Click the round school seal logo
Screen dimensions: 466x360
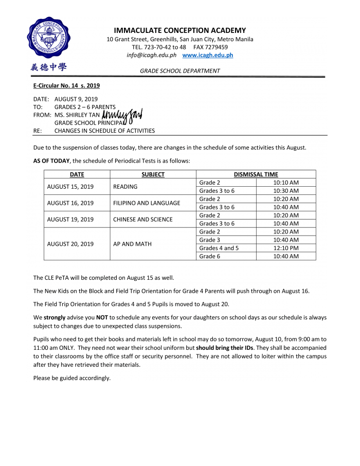(x=49, y=39)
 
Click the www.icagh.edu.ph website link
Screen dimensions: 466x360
(x=207, y=55)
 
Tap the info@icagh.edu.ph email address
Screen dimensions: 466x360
(x=151, y=55)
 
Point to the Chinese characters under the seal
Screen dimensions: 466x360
(x=49, y=67)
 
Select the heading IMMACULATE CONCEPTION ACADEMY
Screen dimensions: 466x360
(x=179, y=30)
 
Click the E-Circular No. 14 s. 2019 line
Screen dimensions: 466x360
(x=66, y=85)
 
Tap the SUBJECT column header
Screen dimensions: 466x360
(x=153, y=174)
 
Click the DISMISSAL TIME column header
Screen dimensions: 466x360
(x=256, y=174)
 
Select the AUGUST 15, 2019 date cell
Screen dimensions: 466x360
(x=70, y=187)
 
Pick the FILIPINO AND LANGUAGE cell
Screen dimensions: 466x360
(x=147, y=203)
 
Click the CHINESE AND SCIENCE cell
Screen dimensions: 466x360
(x=142, y=220)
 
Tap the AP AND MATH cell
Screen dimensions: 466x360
(x=132, y=244)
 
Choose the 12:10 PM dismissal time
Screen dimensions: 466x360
(x=285, y=248)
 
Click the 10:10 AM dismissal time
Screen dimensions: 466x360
(x=285, y=183)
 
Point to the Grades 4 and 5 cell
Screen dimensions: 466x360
(x=219, y=248)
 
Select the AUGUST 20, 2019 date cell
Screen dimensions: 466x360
(x=70, y=244)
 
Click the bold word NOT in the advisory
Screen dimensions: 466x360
(x=102, y=317)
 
